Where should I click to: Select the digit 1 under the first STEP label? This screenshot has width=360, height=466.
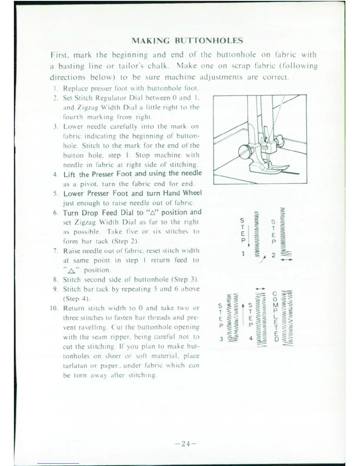pyautogui.click(x=243, y=254)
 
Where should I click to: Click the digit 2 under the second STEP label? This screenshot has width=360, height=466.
pyautogui.click(x=274, y=255)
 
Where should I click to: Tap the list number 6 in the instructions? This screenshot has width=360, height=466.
pyautogui.click(x=55, y=213)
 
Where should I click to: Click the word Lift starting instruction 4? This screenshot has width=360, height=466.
pyautogui.click(x=70, y=174)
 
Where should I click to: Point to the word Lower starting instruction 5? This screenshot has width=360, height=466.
pyautogui.click(x=72, y=194)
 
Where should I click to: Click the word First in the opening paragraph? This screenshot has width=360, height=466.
pyautogui.click(x=60, y=55)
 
